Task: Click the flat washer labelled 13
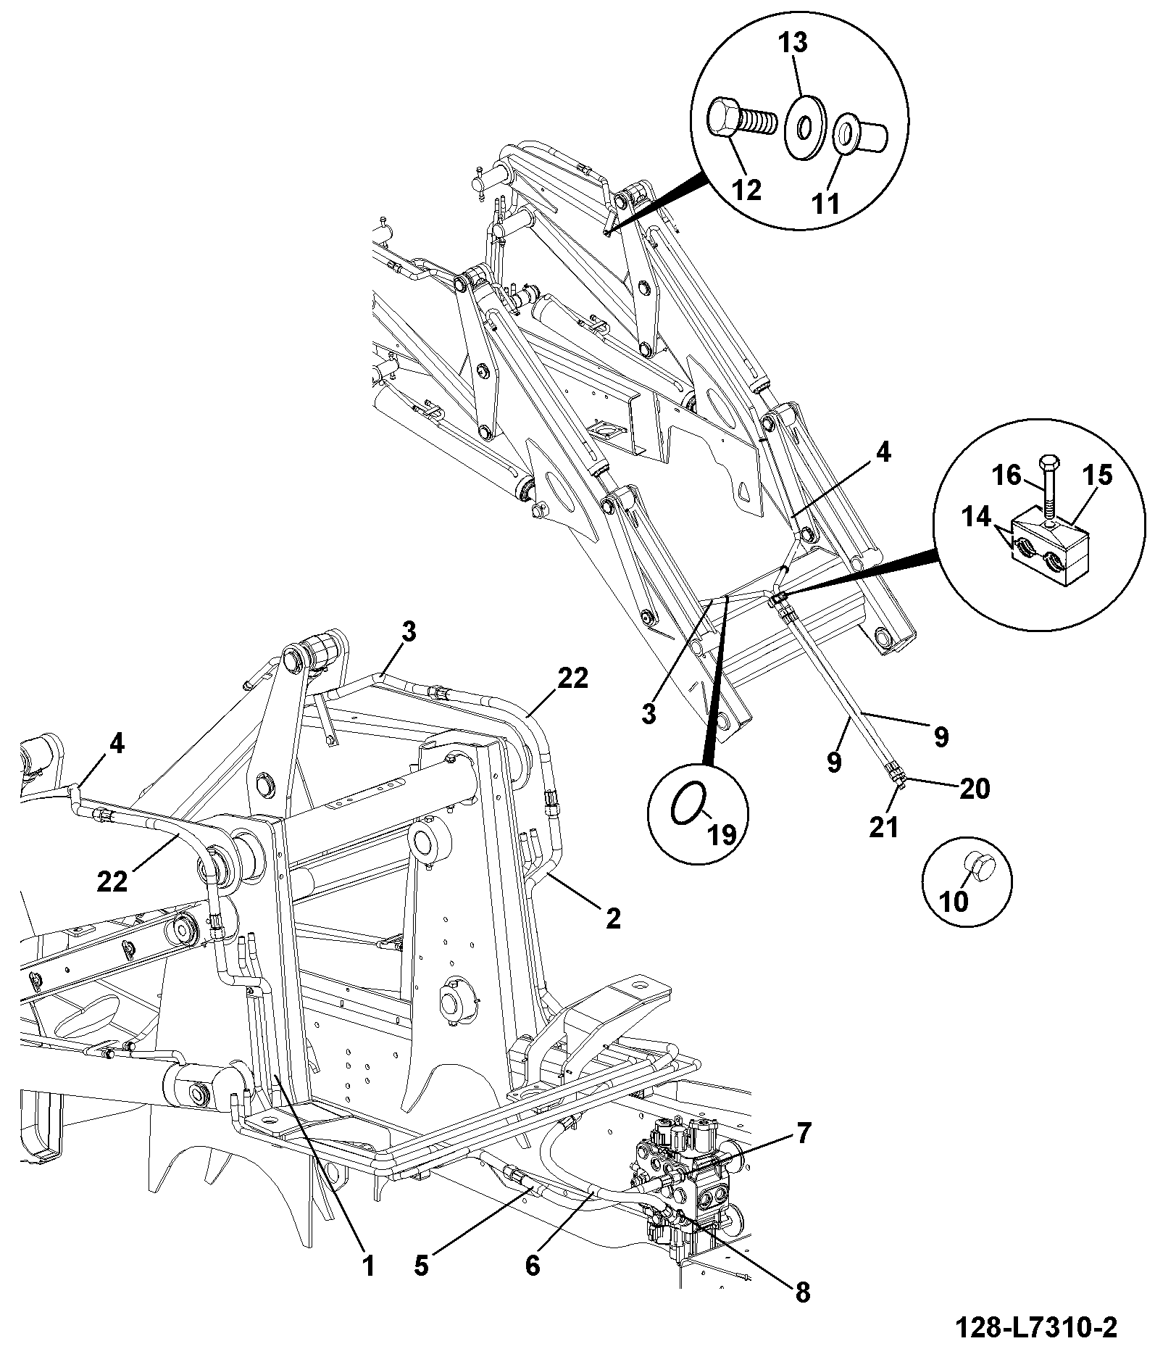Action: [x=804, y=127]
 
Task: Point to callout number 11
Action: [x=825, y=202]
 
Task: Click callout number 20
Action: [x=974, y=788]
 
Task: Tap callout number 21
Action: [x=883, y=826]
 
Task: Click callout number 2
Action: [x=613, y=918]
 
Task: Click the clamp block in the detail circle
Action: [x=1050, y=544]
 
